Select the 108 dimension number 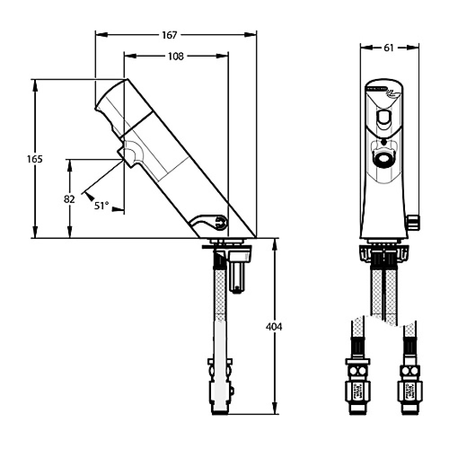[x=176, y=56]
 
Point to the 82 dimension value [x=69, y=199]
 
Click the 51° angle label [x=101, y=206]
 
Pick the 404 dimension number [x=274, y=327]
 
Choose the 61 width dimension [x=389, y=48]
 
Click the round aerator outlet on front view [x=383, y=159]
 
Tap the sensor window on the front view [x=383, y=119]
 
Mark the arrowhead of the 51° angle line [x=88, y=195]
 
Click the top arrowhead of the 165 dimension [x=35, y=83]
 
